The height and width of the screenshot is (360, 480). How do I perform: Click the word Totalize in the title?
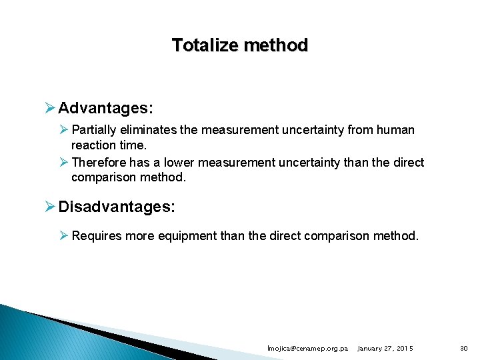pyautogui.click(x=203, y=46)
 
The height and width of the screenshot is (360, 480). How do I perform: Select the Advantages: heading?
pyautogui.click(x=105, y=108)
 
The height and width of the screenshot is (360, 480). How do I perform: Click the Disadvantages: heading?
pyautogui.click(x=117, y=207)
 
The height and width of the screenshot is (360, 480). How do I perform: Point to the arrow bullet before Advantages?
pyautogui.click(x=51, y=108)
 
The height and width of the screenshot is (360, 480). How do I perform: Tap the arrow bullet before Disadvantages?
pyautogui.click(x=51, y=207)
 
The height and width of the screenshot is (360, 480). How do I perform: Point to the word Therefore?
pyautogui.click(x=98, y=163)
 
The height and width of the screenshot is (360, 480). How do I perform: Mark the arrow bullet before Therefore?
pyautogui.click(x=64, y=163)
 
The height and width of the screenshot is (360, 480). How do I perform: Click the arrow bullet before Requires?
pyautogui.click(x=64, y=235)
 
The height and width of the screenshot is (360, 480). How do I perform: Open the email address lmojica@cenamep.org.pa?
pyautogui.click(x=307, y=349)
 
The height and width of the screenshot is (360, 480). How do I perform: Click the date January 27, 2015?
pyautogui.click(x=385, y=349)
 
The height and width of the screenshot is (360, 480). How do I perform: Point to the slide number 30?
pyautogui.click(x=464, y=349)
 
